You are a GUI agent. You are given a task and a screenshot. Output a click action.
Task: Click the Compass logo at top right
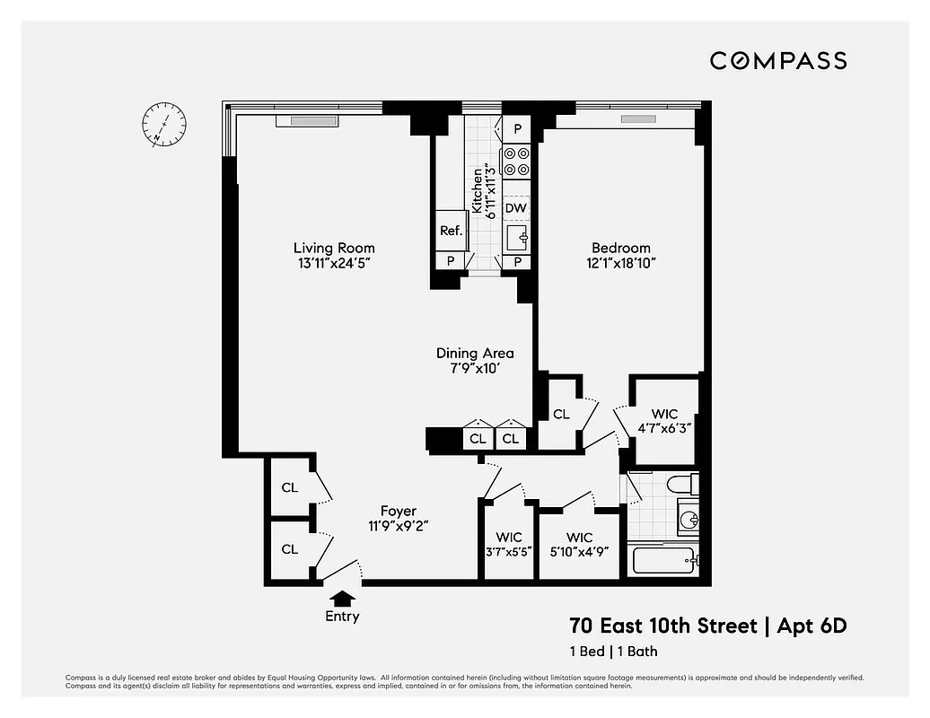pyautogui.click(x=777, y=61)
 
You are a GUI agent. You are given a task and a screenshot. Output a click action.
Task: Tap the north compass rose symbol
pyautogui.click(x=164, y=124)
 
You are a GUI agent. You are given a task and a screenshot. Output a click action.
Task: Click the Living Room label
pyautogui.click(x=334, y=248)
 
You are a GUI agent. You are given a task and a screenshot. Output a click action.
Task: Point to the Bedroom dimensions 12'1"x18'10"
pyautogui.click(x=620, y=263)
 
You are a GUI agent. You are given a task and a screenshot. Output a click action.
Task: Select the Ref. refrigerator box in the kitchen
pyautogui.click(x=451, y=231)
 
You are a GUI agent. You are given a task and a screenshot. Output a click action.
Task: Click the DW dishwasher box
pyautogui.click(x=515, y=208)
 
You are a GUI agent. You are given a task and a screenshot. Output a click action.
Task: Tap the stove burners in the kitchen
pyautogui.click(x=516, y=161)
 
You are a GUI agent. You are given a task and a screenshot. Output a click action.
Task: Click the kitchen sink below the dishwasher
pyautogui.click(x=516, y=238)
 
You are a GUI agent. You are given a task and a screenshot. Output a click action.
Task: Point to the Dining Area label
pyautogui.click(x=475, y=353)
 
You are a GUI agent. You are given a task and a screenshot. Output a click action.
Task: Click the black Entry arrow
pyautogui.click(x=342, y=597)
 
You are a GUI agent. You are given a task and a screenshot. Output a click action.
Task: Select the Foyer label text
pyautogui.click(x=398, y=511)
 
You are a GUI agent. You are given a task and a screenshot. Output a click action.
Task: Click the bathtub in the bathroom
pyautogui.click(x=663, y=561)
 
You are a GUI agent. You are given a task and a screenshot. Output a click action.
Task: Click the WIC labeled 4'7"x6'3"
pyautogui.click(x=664, y=421)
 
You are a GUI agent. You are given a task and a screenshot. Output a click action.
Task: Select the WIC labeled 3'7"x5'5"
pyautogui.click(x=508, y=544)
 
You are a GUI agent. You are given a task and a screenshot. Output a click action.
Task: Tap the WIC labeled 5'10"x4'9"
pyautogui.click(x=579, y=544)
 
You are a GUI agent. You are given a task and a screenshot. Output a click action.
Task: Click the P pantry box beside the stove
pyautogui.click(x=517, y=129)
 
